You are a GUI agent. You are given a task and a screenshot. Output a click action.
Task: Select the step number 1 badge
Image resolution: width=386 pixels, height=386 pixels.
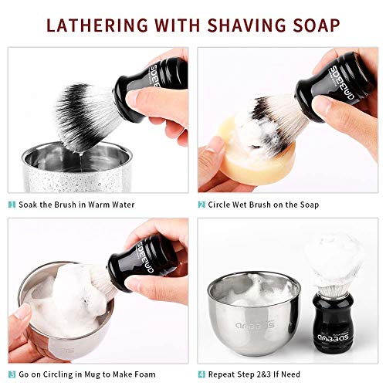[x=12, y=205]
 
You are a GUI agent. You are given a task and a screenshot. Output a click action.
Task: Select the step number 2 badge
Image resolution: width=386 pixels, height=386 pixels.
[x=201, y=205]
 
